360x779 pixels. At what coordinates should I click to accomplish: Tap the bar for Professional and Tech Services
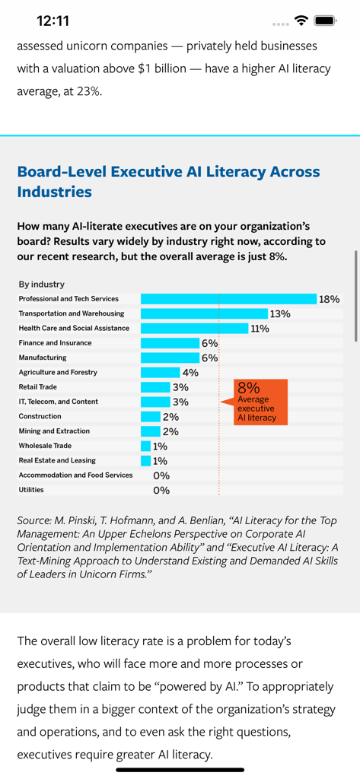[228, 299]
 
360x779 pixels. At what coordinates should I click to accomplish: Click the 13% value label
[279, 313]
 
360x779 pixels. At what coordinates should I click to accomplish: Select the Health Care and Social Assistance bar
[194, 329]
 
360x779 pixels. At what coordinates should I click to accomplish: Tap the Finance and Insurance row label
[55, 343]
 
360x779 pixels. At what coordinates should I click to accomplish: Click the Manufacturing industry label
[43, 358]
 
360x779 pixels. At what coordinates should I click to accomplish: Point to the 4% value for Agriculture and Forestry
[190, 373]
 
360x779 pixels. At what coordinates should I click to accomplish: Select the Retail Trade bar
[155, 387]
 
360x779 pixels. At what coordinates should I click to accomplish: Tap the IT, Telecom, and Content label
[58, 402]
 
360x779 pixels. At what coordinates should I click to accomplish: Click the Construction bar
[151, 417]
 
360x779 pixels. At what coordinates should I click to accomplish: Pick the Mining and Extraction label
[54, 431]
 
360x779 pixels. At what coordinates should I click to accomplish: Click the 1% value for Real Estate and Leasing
[160, 461]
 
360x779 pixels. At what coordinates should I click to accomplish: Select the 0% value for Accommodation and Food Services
[161, 475]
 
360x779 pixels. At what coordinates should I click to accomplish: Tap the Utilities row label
[31, 490]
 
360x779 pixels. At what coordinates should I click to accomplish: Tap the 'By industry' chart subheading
[42, 284]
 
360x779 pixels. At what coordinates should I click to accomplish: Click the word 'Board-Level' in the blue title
[62, 172]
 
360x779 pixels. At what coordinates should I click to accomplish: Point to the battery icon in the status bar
[326, 21]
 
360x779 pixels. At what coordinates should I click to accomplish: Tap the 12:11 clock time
[53, 21]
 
